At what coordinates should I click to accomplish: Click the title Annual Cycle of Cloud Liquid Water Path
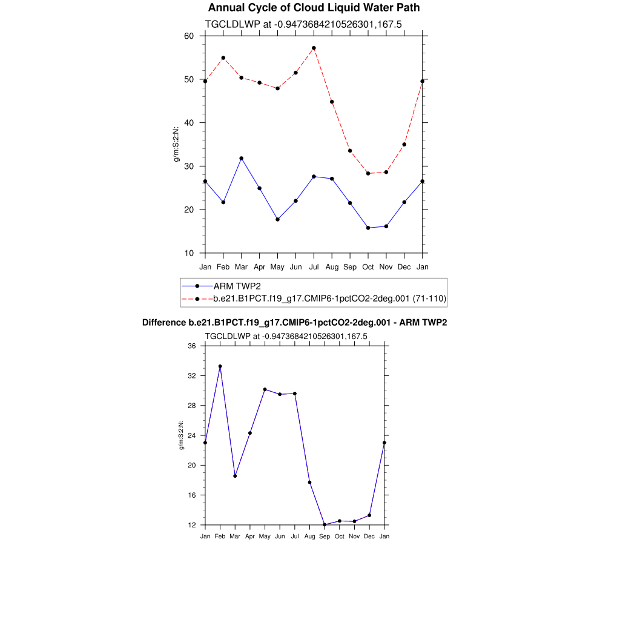click(314, 8)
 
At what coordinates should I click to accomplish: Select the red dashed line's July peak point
click(314, 48)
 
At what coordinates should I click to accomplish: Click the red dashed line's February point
click(223, 58)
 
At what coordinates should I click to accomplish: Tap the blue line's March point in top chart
click(241, 158)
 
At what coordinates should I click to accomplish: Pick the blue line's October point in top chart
click(368, 228)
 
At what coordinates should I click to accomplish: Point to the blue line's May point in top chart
click(277, 219)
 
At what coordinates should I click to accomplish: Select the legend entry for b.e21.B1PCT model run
click(330, 298)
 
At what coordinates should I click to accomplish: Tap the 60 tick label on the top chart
click(188, 36)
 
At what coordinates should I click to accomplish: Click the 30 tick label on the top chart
click(188, 167)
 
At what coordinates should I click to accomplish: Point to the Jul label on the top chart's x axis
click(314, 267)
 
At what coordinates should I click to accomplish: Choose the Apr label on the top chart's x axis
click(259, 267)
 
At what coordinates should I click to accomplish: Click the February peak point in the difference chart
click(220, 366)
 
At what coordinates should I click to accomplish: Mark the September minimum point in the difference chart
click(325, 524)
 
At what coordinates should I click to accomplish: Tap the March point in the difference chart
click(235, 476)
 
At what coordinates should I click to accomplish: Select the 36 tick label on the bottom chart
click(192, 346)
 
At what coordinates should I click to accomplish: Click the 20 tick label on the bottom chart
click(192, 466)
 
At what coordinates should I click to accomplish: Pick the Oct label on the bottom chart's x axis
click(340, 536)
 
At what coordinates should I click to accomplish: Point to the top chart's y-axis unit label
click(177, 144)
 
